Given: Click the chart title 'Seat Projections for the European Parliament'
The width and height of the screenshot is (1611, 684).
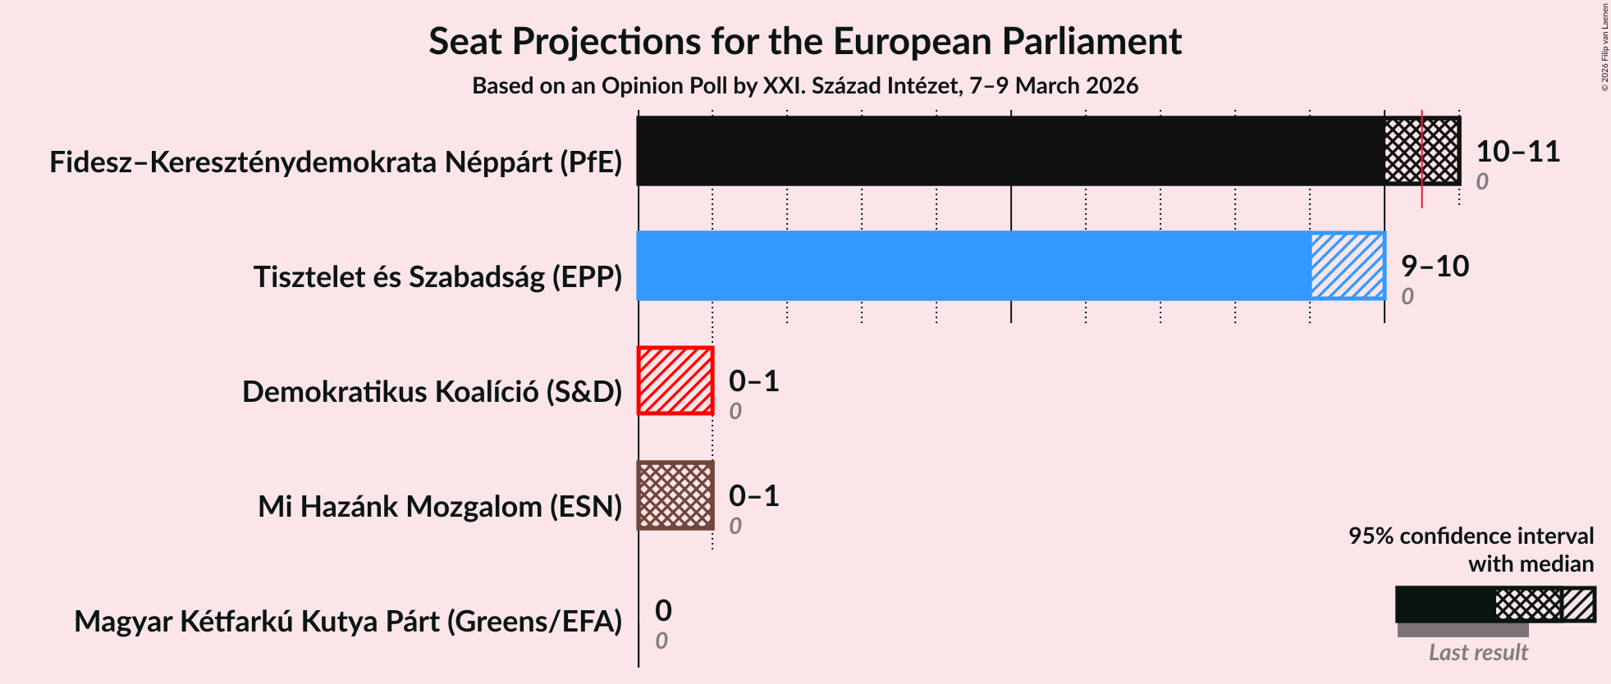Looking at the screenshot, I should pyautogui.click(x=804, y=41).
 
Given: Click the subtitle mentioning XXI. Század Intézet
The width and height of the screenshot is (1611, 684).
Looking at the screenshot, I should pyautogui.click(x=804, y=86).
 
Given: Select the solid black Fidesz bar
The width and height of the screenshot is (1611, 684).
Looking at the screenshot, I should pyautogui.click(x=1009, y=151).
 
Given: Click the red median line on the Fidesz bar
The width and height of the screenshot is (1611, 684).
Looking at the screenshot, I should pyautogui.click(x=1421, y=197).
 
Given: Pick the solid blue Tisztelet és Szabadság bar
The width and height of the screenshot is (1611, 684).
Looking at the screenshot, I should pyautogui.click(x=973, y=266).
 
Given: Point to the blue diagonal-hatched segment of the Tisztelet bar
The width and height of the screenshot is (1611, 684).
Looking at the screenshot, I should pyautogui.click(x=1347, y=266).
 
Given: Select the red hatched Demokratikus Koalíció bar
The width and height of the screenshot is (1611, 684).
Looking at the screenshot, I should pyautogui.click(x=675, y=381).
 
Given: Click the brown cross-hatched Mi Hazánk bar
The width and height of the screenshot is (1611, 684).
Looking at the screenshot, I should pyautogui.click(x=675, y=495).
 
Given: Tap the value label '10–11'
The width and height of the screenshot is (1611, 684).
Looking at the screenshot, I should pyautogui.click(x=1517, y=152).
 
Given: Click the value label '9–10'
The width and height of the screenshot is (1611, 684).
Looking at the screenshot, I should pyautogui.click(x=1434, y=267).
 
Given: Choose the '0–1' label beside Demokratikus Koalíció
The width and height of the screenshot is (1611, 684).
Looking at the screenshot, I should pyautogui.click(x=753, y=381).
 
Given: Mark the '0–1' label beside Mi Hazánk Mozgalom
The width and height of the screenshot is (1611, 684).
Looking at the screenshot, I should pyautogui.click(x=753, y=496).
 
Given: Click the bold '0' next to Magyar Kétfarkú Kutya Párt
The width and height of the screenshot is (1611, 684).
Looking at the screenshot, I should pyautogui.click(x=663, y=611).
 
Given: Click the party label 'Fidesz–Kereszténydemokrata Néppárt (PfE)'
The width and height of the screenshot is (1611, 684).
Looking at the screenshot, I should pyautogui.click(x=336, y=162).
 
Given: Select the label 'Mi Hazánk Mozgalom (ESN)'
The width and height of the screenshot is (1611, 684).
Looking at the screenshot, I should pyautogui.click(x=440, y=507).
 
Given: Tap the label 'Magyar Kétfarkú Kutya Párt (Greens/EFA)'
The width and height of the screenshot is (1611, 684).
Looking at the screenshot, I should pyautogui.click(x=348, y=622).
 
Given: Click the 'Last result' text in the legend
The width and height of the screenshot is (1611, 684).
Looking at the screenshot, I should pyautogui.click(x=1477, y=653).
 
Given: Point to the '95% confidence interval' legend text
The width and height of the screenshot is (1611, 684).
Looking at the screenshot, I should pyautogui.click(x=1471, y=536).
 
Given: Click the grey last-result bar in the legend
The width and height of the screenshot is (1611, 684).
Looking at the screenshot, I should pyautogui.click(x=1462, y=630).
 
